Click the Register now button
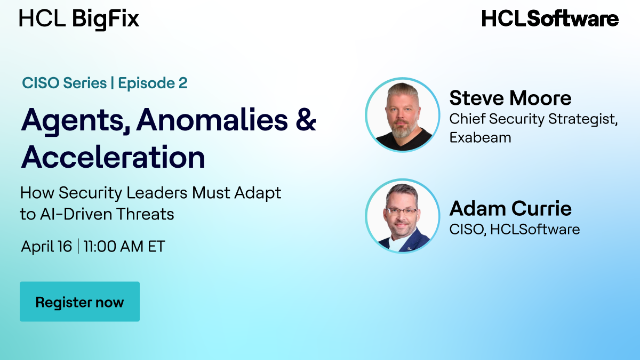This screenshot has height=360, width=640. click(x=80, y=302)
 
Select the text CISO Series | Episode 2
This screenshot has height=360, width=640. click(x=104, y=83)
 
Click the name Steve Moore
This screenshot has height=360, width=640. click(x=510, y=98)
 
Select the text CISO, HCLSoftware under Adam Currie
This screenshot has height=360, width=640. click(x=514, y=230)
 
